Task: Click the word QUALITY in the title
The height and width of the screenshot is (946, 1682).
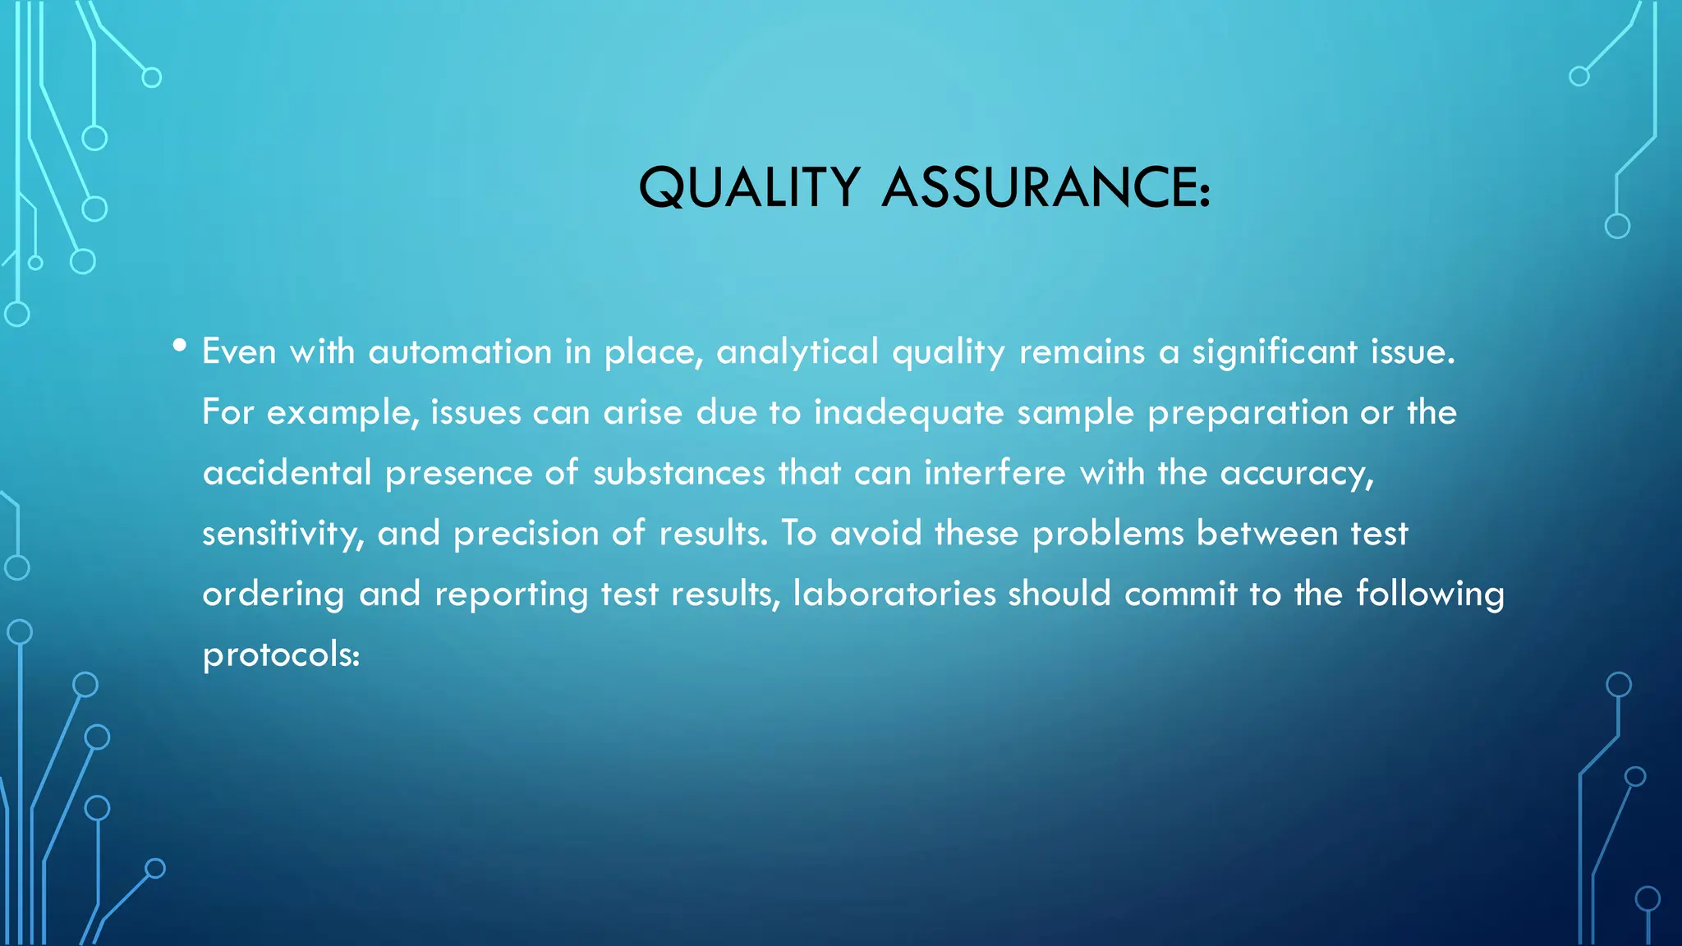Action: pyautogui.click(x=749, y=187)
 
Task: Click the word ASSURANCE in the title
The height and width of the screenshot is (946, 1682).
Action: pyautogui.click(x=1046, y=187)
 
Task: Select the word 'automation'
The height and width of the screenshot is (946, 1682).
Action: pyautogui.click(x=460, y=352)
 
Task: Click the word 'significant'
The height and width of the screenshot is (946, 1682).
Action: pyautogui.click(x=1275, y=352)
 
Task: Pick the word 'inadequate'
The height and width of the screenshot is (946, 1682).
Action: pyautogui.click(x=908, y=412)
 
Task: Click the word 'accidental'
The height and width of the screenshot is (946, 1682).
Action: pyautogui.click(x=287, y=473)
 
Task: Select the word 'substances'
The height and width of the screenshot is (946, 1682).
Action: pyautogui.click(x=678, y=473)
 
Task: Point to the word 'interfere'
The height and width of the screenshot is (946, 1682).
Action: pyautogui.click(x=995, y=473)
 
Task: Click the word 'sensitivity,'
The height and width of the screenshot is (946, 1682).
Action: pyautogui.click(x=283, y=534)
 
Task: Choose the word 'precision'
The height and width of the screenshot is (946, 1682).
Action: pyautogui.click(x=526, y=534)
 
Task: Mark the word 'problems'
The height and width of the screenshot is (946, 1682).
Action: pyautogui.click(x=1107, y=534)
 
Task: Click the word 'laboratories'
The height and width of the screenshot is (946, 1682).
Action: pyautogui.click(x=894, y=594)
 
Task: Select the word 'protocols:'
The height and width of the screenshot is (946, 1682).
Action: pyautogui.click(x=281, y=655)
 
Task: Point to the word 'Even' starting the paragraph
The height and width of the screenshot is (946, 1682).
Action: pyautogui.click(x=239, y=352)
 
